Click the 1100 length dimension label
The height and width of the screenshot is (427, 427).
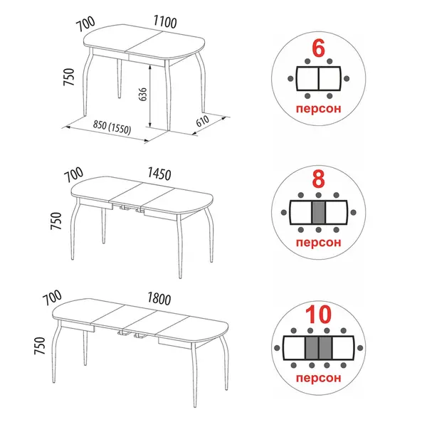[165, 21]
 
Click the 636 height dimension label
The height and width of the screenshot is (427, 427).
[143, 94]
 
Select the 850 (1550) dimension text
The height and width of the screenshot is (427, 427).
[112, 127]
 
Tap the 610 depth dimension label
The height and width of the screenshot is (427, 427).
[203, 121]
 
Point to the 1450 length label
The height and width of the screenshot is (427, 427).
[159, 174]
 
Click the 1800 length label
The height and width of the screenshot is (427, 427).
[159, 299]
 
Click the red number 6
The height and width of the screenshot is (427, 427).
[318, 48]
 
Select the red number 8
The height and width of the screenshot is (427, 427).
[318, 179]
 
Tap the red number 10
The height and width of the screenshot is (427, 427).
[318, 315]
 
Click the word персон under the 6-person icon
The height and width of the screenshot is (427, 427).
[318, 109]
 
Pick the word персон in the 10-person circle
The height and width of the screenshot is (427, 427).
[318, 378]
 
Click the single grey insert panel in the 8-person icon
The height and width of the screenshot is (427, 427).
[318, 212]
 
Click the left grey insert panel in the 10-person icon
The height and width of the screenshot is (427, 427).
[312, 348]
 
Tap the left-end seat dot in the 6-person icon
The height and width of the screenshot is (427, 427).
[290, 79]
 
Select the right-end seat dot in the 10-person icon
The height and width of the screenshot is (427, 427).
[360, 348]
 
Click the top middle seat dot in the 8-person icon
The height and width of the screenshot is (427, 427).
[318, 195]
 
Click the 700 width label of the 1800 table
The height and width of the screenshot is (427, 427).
[53, 297]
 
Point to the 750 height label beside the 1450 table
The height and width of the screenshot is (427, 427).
[56, 221]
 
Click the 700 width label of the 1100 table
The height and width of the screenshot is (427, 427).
[86, 23]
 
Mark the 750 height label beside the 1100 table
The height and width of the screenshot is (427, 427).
[68, 77]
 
